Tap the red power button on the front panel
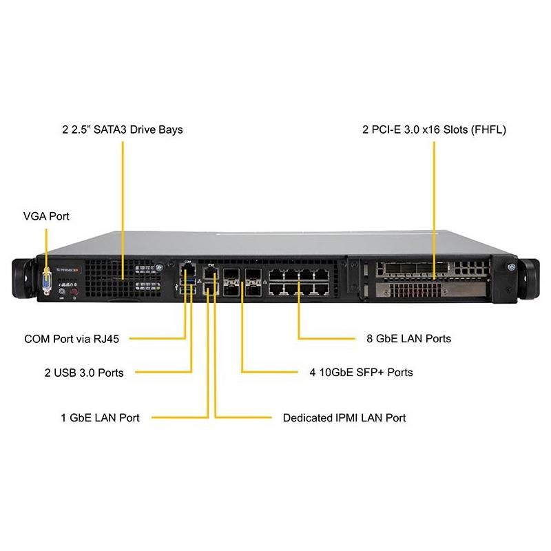point(76,292)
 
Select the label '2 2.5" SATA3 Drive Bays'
point(121,129)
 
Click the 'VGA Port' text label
point(46,216)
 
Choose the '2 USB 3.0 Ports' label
point(84,373)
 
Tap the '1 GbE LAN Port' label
point(100,417)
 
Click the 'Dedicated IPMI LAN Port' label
point(344,417)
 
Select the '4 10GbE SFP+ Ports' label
point(362,373)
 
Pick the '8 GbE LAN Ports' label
point(409,339)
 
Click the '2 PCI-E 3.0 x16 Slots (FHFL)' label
point(435,129)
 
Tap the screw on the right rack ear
point(511,266)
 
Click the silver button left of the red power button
point(63,292)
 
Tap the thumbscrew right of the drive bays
point(159,264)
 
